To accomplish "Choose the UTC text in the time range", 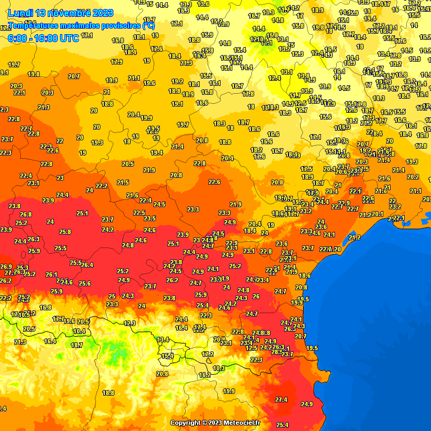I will [x=68, y=38].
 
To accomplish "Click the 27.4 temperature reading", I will [x=281, y=400].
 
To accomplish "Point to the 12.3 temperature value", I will [x=130, y=323].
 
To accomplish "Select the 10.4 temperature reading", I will [x=79, y=332].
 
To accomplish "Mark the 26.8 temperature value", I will [x=26, y=214].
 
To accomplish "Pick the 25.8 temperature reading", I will [x=65, y=232].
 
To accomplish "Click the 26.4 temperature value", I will [x=88, y=265].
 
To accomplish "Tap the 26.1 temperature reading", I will [x=51, y=274].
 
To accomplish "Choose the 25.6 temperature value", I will [x=85, y=284].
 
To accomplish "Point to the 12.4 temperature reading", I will [x=274, y=79].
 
